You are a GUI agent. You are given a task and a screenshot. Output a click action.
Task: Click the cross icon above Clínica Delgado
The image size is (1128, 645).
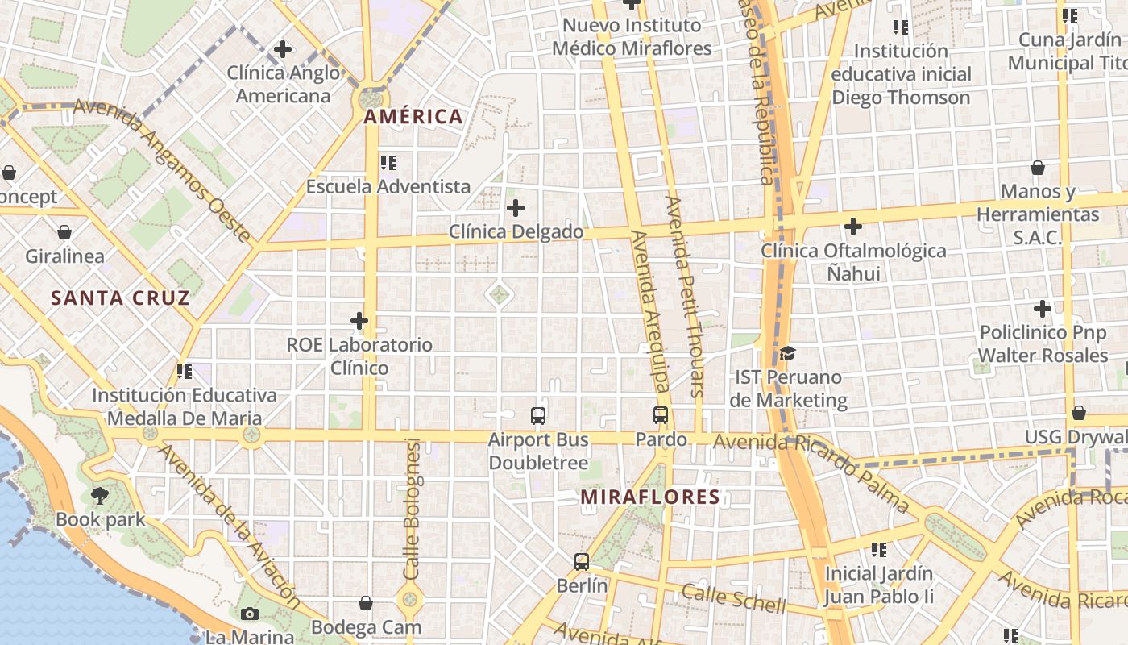516,209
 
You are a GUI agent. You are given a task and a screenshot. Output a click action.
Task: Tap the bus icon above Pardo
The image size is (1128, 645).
661,415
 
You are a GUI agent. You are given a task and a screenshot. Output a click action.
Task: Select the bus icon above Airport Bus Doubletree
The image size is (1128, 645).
538,416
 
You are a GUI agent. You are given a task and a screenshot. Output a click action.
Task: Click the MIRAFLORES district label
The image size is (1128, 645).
650,497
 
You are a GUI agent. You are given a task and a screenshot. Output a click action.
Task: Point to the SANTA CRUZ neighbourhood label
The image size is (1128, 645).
121,298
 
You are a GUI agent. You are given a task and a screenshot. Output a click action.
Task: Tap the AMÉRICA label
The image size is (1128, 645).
413,117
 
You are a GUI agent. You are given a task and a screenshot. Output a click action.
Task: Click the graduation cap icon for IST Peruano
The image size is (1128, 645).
787,353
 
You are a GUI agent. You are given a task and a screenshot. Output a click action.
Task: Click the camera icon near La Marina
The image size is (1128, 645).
250,614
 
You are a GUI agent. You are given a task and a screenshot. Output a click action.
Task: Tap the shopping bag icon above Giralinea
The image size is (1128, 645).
64,233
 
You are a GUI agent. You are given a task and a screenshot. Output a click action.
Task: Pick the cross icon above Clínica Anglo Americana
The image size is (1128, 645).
282,49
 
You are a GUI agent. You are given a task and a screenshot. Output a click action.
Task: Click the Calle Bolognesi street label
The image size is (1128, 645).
413,508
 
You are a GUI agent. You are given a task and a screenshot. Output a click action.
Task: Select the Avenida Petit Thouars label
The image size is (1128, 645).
686,297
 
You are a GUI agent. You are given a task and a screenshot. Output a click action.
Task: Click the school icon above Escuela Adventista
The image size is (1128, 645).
388,163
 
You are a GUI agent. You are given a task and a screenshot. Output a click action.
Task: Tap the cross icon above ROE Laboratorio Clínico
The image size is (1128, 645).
359,322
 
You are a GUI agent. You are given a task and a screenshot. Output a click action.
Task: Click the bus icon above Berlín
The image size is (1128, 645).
582,561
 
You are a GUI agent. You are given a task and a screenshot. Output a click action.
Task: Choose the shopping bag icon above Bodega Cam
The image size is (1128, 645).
366,603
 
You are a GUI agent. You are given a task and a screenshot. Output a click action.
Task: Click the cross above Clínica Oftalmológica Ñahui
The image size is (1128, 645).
853,227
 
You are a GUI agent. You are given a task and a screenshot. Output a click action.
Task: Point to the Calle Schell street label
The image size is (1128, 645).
733,597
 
